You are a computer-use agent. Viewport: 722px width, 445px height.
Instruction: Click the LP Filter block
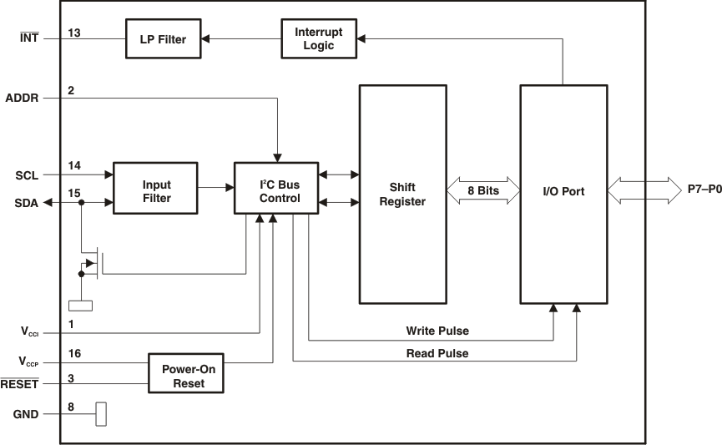click(x=164, y=39)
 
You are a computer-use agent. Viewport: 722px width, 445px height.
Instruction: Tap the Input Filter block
click(x=157, y=191)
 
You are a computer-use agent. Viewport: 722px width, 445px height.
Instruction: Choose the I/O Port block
click(x=563, y=192)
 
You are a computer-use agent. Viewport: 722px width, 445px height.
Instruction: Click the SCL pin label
click(x=28, y=175)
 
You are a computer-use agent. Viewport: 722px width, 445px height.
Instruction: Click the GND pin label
click(x=26, y=414)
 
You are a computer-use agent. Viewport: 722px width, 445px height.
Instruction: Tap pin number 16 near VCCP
click(x=74, y=355)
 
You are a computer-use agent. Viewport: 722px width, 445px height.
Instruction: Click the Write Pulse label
click(x=437, y=331)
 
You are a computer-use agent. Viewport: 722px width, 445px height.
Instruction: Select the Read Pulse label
click(x=437, y=353)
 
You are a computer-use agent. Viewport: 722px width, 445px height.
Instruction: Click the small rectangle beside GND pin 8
click(x=101, y=413)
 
